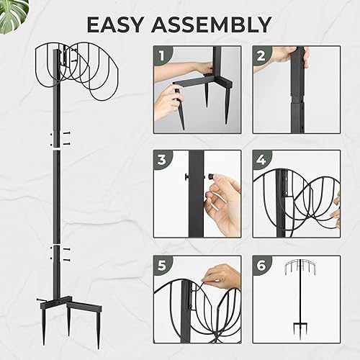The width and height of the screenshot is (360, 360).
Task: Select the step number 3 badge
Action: point(163,161)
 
